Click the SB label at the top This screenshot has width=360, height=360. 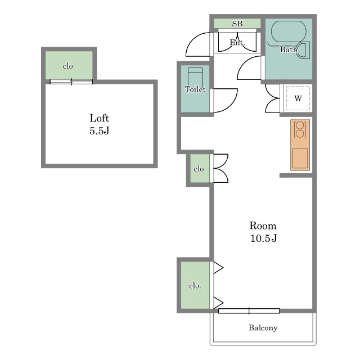click(237, 24)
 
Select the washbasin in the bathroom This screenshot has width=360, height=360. click(303, 49)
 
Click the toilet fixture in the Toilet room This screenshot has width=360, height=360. click(195, 77)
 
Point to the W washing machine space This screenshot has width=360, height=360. click(298, 98)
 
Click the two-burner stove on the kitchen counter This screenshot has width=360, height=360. click(300, 130)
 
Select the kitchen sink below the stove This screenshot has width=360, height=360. click(300, 158)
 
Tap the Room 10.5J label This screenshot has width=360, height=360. click(263, 232)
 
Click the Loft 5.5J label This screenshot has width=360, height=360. click(99, 124)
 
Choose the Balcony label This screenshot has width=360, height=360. click(263, 327)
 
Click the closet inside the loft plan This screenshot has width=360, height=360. click(69, 65)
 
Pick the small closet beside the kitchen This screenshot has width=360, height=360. click(200, 168)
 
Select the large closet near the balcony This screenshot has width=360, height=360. click(195, 285)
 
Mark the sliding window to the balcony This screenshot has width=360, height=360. click(249, 311)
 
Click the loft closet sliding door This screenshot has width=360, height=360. click(71, 82)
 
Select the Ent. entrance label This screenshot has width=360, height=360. click(237, 43)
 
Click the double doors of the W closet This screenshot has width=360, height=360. click(272, 98)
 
